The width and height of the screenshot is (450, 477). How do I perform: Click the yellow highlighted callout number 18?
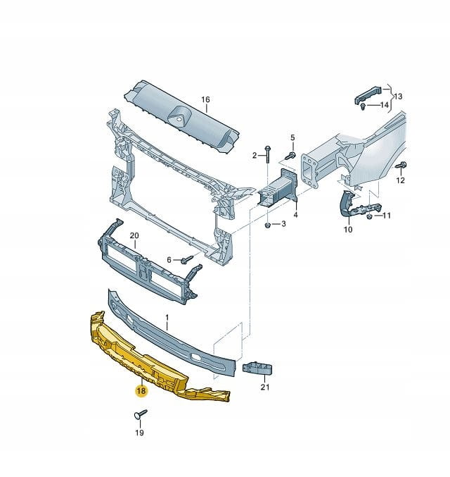[x=141, y=390]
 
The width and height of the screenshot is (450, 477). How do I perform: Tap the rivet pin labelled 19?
[x=141, y=414]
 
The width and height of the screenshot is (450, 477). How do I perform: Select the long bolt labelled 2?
[x=267, y=154]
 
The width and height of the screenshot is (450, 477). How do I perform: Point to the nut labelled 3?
[x=267, y=225]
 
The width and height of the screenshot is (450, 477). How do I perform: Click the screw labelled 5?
[x=291, y=156]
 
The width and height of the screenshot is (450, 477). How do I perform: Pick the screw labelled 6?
[x=187, y=260]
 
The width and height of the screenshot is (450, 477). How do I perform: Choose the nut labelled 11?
[x=370, y=216]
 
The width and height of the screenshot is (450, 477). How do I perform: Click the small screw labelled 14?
[x=363, y=106]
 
